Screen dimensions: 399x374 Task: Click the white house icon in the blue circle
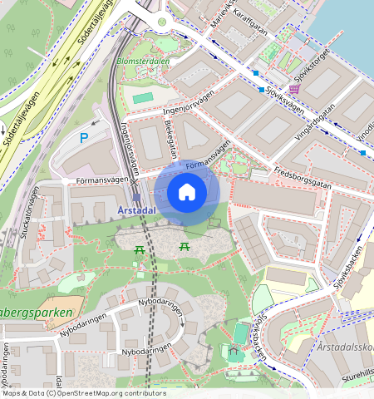187,193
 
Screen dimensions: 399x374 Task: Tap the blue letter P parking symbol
83,138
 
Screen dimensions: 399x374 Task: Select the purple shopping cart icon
294,89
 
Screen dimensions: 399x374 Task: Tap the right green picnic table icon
184,246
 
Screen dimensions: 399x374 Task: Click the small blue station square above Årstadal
136,199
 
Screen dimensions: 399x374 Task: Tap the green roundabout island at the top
162,22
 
